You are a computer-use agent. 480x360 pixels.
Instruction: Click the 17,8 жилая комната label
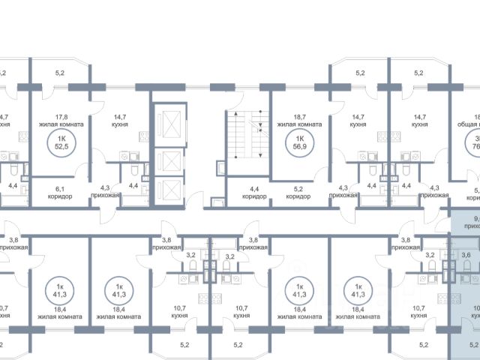pos(59,121)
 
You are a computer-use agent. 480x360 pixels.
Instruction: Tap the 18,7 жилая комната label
pos(299,121)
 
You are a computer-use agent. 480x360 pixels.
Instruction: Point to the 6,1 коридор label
pos(59,192)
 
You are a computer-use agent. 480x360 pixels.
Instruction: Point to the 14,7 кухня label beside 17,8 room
pos(121,121)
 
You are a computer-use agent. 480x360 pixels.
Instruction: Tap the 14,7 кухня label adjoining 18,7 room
pos(358,121)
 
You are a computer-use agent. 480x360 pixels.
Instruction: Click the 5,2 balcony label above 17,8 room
pos(59,73)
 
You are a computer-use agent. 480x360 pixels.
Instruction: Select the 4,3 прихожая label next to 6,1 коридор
pos(109,192)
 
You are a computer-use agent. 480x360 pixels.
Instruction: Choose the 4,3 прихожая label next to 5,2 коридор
pos(343,192)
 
